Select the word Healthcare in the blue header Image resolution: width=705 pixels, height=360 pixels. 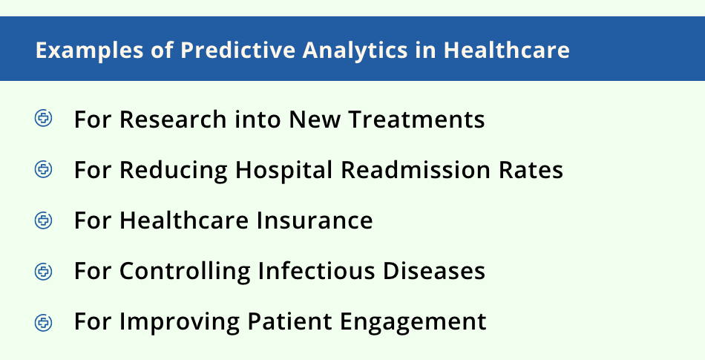coord(507,50)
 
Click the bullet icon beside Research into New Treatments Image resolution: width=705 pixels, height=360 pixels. coord(44,119)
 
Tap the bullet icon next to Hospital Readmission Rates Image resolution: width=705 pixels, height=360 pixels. coord(44,169)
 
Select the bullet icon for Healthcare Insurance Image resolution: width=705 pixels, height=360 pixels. coord(44,220)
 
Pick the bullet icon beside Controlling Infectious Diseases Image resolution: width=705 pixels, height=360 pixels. coord(44,271)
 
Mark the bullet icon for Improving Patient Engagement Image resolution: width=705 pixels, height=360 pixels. coord(44,322)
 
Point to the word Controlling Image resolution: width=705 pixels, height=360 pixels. coord(186,272)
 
